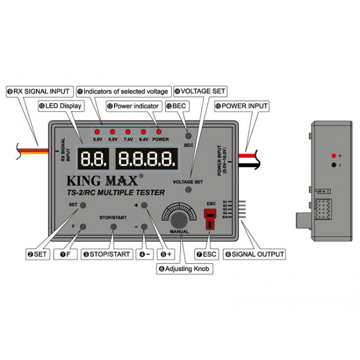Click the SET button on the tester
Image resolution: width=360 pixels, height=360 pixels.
[83, 205]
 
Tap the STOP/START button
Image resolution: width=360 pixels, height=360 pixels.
[114, 227]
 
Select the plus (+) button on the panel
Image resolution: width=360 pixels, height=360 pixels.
[144, 205]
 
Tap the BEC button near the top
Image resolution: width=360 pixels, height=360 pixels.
[189, 136]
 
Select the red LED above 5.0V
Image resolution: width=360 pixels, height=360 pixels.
[97, 131]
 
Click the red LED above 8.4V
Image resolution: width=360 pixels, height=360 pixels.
[143, 131]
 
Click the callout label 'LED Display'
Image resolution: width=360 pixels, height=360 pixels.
[60, 106]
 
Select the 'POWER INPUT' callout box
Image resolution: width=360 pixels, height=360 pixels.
[241, 106]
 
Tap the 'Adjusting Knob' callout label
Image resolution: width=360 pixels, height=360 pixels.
[185, 269]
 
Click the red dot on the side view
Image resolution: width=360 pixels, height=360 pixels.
[333, 156]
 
